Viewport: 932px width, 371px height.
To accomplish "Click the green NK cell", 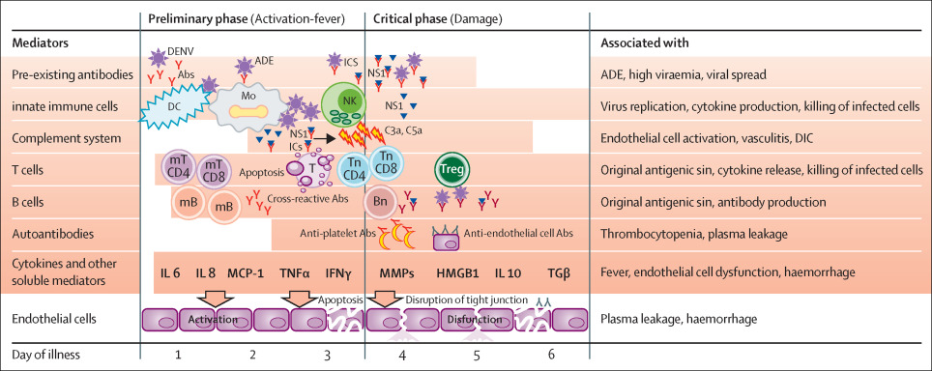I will (x=341, y=103).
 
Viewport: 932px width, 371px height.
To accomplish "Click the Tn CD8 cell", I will (x=385, y=161).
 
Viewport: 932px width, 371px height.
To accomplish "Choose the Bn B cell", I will (x=380, y=205).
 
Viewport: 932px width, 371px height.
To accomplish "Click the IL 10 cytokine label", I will (x=509, y=273).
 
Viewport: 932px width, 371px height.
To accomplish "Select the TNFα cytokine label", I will (x=295, y=273).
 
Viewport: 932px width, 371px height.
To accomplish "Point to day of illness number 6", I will (x=551, y=355).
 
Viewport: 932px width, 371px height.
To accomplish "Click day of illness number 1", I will (x=178, y=355).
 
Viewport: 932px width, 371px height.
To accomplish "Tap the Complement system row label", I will (x=59, y=138).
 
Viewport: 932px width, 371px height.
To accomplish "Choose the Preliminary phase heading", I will (x=231, y=18).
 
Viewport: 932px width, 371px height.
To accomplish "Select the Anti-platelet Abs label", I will (x=335, y=232).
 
